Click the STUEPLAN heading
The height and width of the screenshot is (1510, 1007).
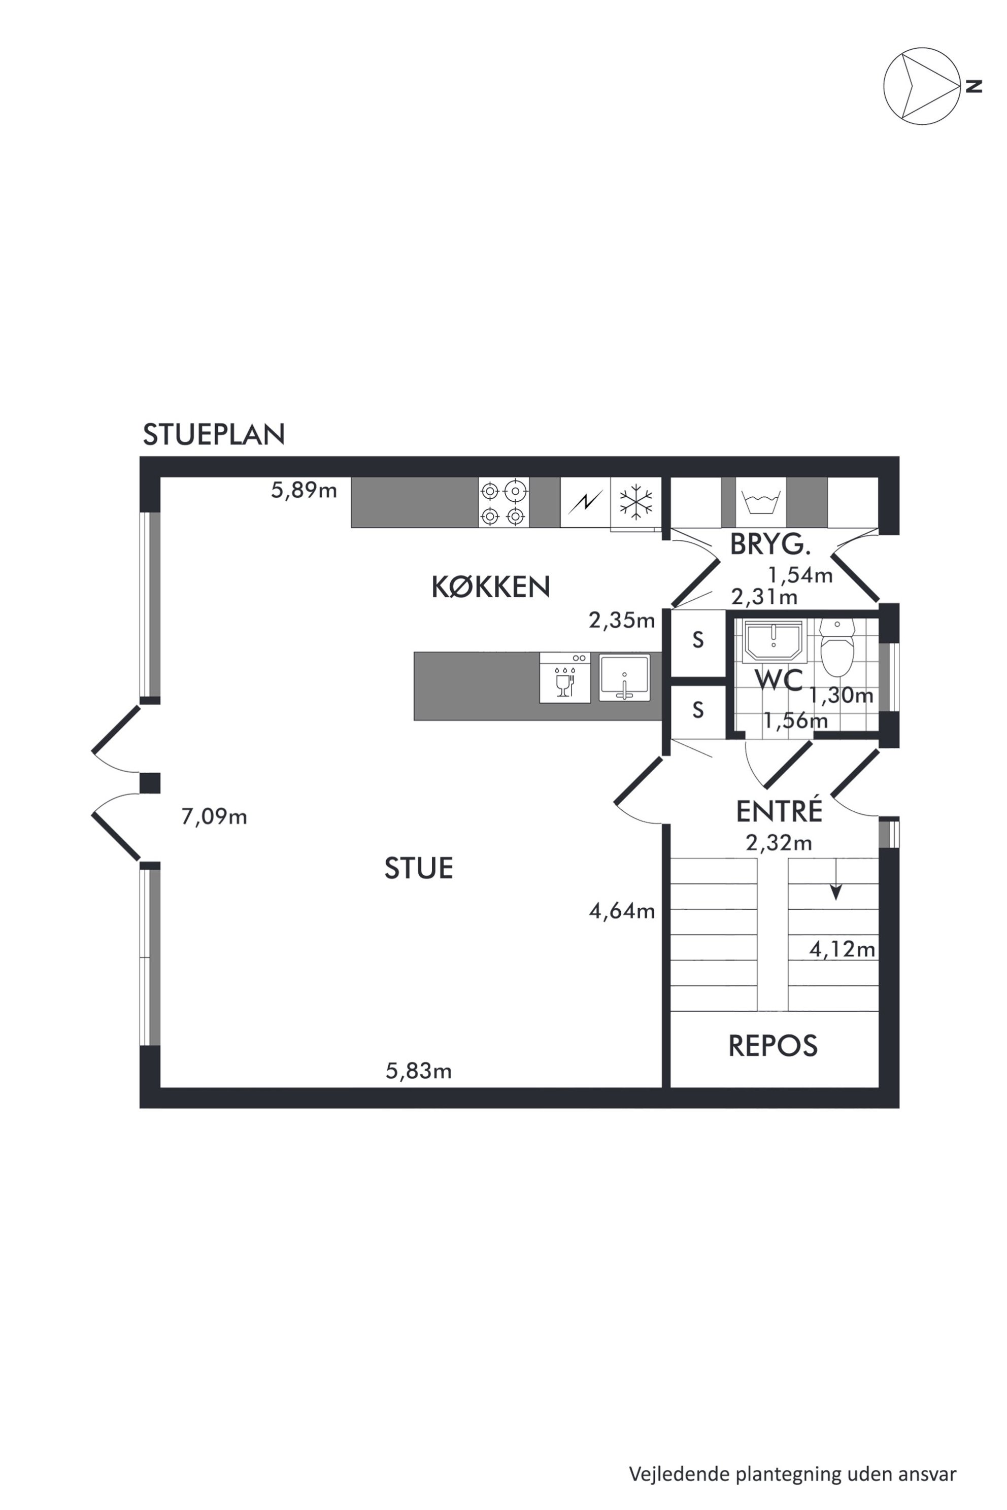pos(214,435)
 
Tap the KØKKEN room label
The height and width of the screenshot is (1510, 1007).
pos(491,587)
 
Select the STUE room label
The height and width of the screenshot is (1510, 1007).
pos(419,869)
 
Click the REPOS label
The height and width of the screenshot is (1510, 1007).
pos(773,1046)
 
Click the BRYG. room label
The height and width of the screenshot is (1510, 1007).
pos(770,544)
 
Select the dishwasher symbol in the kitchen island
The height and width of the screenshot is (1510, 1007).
pos(564,677)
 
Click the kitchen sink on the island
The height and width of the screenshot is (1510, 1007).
pos(624,677)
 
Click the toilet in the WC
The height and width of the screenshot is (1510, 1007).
pos(837,647)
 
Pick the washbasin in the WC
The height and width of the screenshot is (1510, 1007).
pos(773,641)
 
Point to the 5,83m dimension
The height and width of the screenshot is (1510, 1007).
pos(419,1071)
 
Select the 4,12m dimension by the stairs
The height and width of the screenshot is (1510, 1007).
pos(842,949)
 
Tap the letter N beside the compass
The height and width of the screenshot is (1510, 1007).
pos(974,86)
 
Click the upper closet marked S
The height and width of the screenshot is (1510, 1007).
pos(698,640)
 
